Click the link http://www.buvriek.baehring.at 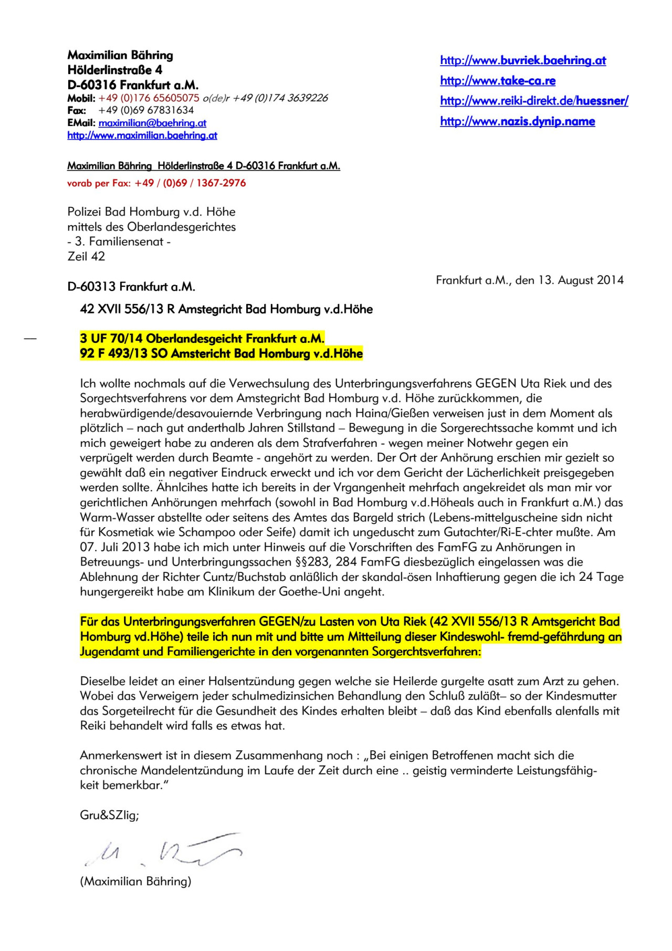click(523, 60)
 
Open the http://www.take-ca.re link click(498, 81)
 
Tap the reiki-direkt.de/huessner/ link click(534, 101)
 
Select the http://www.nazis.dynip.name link click(518, 121)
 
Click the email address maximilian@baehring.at click(152, 123)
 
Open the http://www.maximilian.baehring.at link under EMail click(142, 135)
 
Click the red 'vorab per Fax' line click(156, 183)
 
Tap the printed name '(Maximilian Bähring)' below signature click(135, 881)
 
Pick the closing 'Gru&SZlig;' click(109, 815)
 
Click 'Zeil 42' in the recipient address click(86, 256)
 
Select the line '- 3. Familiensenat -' click(119, 242)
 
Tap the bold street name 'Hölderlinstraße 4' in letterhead click(115, 70)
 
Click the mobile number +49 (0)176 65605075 click(149, 98)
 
